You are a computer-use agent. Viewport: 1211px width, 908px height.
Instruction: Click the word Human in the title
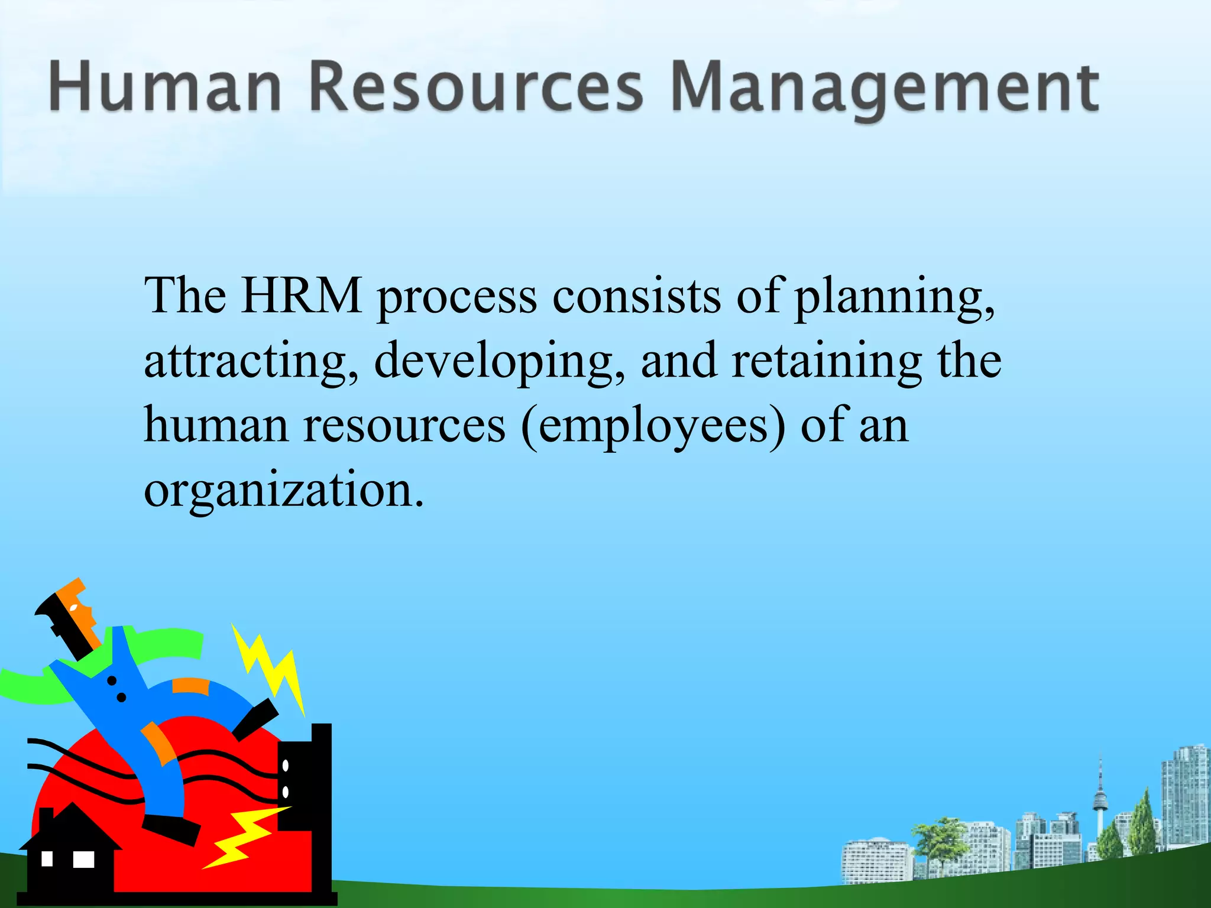point(164,87)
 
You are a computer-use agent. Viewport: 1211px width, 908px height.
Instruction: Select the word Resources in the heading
point(475,87)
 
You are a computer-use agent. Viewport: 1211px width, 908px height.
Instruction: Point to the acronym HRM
point(302,296)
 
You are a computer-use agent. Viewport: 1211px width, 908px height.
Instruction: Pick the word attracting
point(251,362)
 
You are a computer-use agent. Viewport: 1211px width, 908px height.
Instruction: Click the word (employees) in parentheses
point(653,427)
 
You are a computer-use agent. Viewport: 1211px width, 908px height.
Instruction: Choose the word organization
point(284,491)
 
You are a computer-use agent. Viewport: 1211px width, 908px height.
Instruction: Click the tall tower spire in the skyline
point(1100,792)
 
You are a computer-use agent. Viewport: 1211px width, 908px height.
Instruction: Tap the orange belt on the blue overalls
point(190,686)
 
